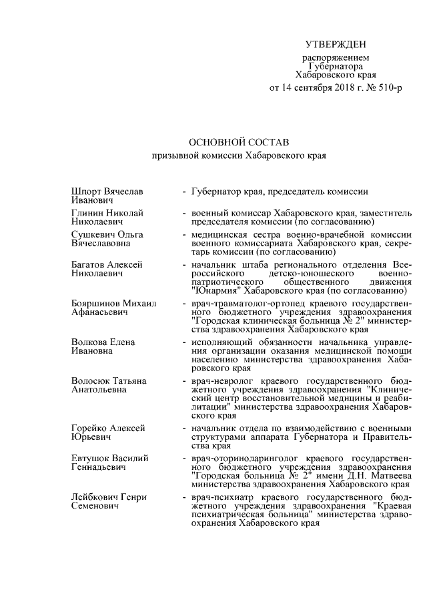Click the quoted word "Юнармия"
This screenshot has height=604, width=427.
point(218,290)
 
